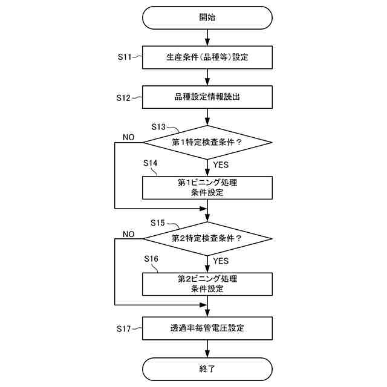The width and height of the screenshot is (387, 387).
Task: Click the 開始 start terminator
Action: point(207,18)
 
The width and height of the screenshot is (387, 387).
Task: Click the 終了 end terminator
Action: point(207,368)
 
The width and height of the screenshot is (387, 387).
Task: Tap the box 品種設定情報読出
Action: point(207,96)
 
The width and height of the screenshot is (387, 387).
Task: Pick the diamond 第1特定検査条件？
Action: point(207,143)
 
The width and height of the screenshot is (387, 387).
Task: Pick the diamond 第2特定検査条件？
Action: point(207,238)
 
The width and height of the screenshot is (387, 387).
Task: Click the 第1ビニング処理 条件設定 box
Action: point(207,187)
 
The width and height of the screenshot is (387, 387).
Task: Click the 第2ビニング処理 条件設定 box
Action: point(207,284)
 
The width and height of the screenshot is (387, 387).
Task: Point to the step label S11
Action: point(127,57)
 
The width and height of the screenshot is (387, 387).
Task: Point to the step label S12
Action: point(127,97)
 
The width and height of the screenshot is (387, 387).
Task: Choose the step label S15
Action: point(161,223)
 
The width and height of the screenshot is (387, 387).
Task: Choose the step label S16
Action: point(151,259)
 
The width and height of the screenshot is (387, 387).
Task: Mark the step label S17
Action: point(127,329)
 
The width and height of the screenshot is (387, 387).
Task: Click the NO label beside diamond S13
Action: point(128,137)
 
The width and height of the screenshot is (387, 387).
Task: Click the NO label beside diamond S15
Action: point(128,233)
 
